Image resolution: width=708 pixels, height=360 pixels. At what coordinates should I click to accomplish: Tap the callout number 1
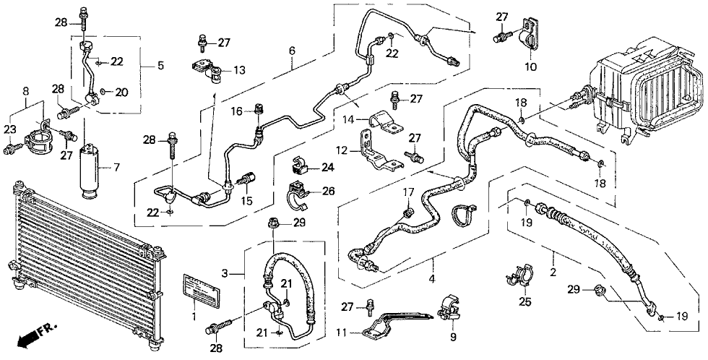pyautogui.click(x=193, y=316)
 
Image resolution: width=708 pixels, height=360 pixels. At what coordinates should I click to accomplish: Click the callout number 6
pyautogui.click(x=292, y=51)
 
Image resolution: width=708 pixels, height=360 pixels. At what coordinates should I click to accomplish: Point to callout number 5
pyautogui.click(x=160, y=66)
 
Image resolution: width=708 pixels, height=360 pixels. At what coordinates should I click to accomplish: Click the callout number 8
pyautogui.click(x=26, y=92)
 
